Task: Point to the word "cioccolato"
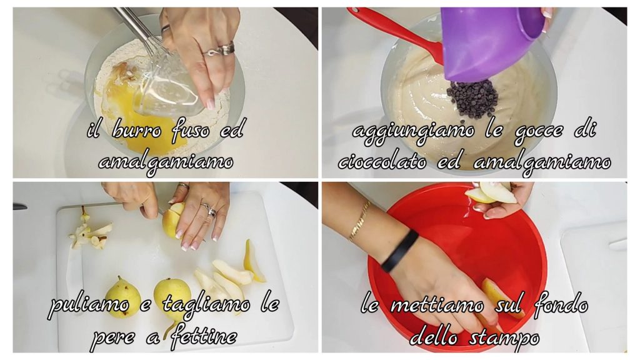pos(382,162)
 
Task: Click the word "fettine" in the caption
pos(204,337)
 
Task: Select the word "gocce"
pos(539,131)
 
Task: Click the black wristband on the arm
pos(399,251)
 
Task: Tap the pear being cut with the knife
pos(174,221)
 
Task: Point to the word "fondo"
pos(561,305)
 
